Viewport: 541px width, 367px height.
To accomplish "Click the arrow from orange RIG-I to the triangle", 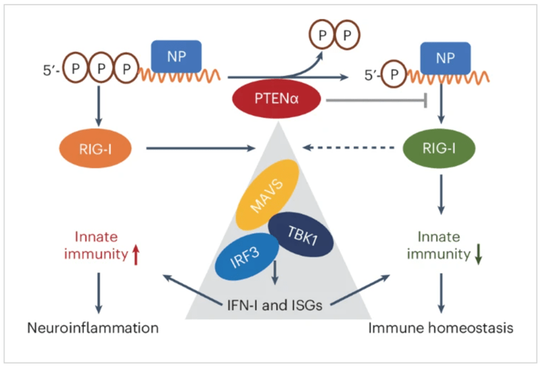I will click(196, 145).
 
